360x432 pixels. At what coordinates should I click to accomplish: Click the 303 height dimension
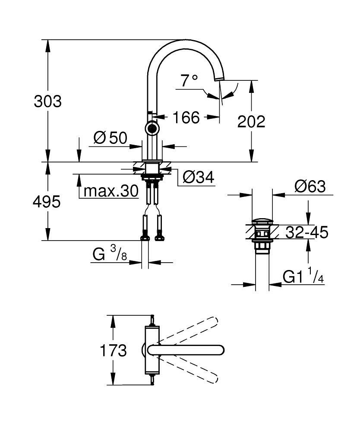(48, 102)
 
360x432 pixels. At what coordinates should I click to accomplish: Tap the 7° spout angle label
(189, 80)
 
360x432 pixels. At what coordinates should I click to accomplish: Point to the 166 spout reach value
(186, 117)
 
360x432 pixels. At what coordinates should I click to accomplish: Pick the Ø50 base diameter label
(110, 138)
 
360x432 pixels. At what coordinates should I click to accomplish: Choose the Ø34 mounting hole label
(198, 177)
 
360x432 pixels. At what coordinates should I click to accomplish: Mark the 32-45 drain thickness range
(307, 232)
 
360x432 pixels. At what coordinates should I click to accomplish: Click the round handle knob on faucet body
(152, 127)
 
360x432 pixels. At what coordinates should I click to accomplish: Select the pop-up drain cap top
(262, 222)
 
